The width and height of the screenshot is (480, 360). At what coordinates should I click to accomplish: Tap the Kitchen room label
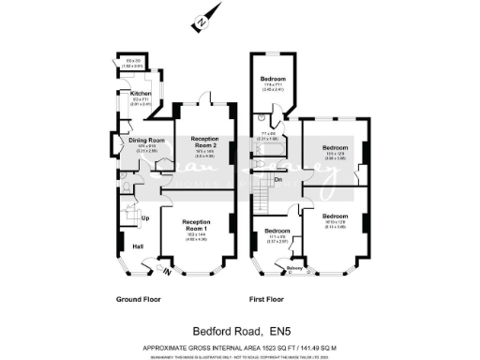pos(140,94)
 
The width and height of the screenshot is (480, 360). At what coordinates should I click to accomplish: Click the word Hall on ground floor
pos(138,246)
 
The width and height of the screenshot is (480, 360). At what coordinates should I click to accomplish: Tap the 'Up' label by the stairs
pos(145,219)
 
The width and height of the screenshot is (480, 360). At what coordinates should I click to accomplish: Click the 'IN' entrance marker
pos(168,272)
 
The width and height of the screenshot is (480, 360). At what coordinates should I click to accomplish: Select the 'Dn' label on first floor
pos(278,178)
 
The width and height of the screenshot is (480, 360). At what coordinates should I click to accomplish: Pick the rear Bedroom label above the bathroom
pos(272,79)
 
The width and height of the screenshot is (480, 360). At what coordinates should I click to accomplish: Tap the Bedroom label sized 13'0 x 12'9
pos(335,147)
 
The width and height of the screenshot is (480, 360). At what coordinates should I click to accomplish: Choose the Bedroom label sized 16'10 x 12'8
pos(335,216)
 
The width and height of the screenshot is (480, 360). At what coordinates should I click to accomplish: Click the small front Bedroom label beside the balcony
pos(277,231)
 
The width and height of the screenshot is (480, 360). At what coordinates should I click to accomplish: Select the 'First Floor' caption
pos(268,299)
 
